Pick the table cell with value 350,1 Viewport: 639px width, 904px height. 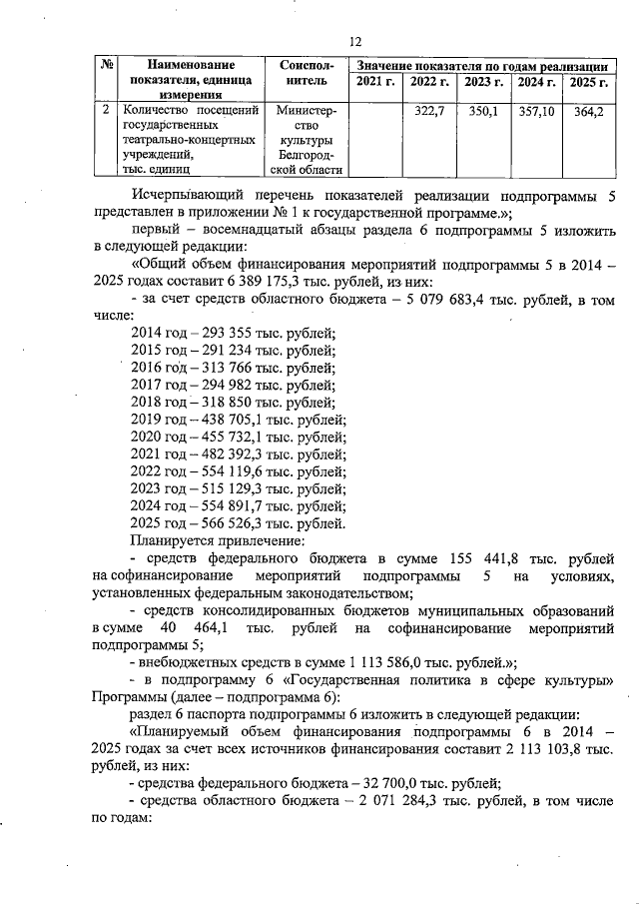pos(483,111)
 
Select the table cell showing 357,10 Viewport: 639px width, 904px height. pos(537,111)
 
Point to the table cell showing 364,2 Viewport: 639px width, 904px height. pos(588,111)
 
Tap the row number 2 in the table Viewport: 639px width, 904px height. pos(106,110)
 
